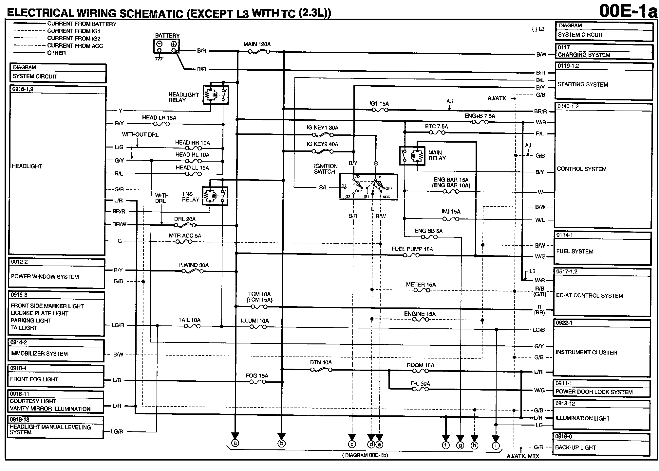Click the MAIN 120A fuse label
click(x=257, y=44)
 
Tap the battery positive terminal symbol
click(x=174, y=44)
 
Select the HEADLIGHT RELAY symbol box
click(x=216, y=95)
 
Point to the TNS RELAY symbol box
click(x=215, y=196)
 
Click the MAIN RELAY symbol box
click(x=412, y=155)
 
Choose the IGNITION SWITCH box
click(x=368, y=187)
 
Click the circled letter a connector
click(x=235, y=443)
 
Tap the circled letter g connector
click(x=460, y=445)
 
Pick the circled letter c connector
click(x=352, y=445)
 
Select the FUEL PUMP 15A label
click(x=412, y=249)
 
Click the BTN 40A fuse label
click(x=321, y=362)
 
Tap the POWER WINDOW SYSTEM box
click(x=56, y=274)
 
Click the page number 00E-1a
click(x=628, y=11)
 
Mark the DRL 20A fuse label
click(x=185, y=219)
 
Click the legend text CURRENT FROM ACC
click(x=75, y=46)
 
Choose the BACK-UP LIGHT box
click(x=602, y=445)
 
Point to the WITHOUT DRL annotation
click(x=140, y=134)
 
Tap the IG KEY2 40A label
click(x=322, y=144)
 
